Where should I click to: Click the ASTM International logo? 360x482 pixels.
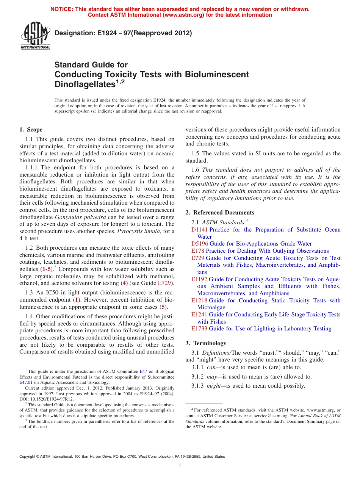[x=35, y=37]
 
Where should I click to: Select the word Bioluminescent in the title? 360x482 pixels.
[x=217, y=74]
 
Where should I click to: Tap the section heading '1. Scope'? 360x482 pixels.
[x=31, y=130]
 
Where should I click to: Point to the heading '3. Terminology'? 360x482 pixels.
[x=206, y=343]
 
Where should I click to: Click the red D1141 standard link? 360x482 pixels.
[x=199, y=230]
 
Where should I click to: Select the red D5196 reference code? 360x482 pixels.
[x=199, y=244]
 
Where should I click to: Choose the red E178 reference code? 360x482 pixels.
[x=198, y=251]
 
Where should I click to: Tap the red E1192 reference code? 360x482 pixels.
[x=199, y=279]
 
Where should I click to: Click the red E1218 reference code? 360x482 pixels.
[x=199, y=300]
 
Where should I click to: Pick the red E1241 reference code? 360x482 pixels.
[x=199, y=315]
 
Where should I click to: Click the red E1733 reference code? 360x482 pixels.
[x=199, y=329]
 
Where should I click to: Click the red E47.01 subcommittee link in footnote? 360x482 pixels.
[x=25, y=383]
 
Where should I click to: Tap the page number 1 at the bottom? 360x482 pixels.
[x=180, y=466]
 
